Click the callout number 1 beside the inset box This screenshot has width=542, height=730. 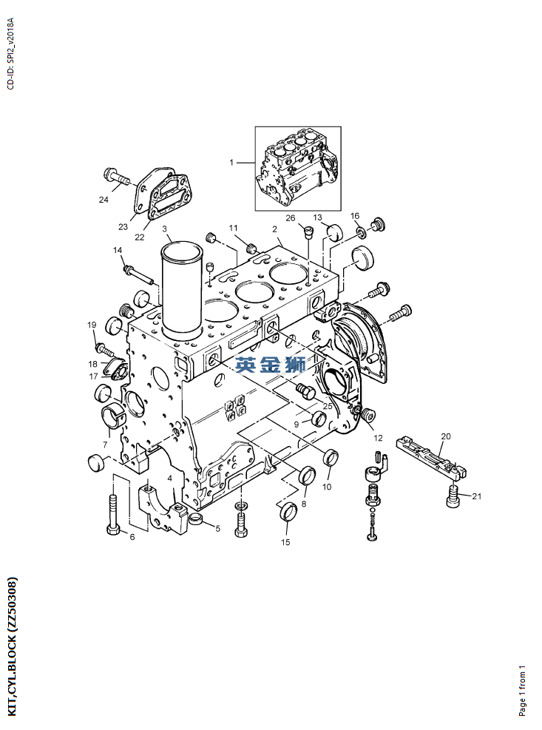tap(231, 162)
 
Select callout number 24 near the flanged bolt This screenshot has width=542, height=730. tap(104, 199)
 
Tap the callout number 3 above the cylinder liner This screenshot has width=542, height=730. tap(165, 229)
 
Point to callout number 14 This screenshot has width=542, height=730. tap(117, 251)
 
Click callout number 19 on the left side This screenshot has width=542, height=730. tap(92, 325)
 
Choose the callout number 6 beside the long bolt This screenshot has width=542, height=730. tap(132, 536)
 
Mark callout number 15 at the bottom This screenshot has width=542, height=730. tap(285, 542)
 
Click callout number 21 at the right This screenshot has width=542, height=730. tap(476, 496)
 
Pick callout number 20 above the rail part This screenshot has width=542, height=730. tap(445, 436)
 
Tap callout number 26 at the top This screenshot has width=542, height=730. tap(291, 218)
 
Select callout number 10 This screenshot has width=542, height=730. tap(326, 487)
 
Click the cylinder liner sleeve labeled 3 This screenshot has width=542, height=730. tap(182, 292)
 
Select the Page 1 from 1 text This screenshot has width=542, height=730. tap(523, 689)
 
